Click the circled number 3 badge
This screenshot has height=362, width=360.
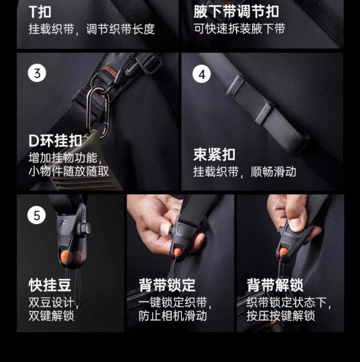click(37, 73)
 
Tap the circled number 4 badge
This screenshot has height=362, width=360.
click(202, 74)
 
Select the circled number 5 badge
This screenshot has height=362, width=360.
click(36, 215)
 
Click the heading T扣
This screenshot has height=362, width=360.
click(40, 12)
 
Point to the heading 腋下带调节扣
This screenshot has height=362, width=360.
click(236, 12)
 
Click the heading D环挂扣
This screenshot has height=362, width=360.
click(55, 140)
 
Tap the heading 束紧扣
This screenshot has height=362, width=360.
click(215, 155)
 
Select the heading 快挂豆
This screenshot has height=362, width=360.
click(50, 285)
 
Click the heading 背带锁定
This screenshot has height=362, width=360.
click(167, 285)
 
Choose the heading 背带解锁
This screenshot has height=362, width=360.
click(275, 285)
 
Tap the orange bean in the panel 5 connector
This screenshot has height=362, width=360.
click(67, 258)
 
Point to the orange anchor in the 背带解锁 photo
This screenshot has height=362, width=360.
click(283, 251)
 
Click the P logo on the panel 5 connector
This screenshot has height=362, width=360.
click(63, 224)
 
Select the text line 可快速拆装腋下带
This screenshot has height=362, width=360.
click(239, 29)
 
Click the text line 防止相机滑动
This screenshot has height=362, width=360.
click(173, 316)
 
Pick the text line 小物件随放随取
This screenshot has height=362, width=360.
click(68, 171)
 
